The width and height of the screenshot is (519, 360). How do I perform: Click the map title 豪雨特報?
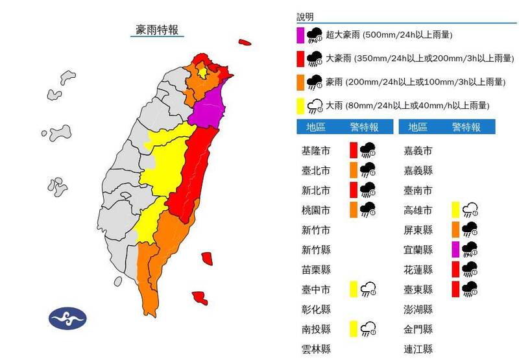[x=156, y=30]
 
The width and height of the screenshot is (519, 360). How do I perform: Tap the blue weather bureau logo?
[x=67, y=318]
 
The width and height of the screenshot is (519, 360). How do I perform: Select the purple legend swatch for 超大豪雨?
[x=300, y=36]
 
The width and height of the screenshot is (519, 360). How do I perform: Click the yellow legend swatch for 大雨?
[x=300, y=105]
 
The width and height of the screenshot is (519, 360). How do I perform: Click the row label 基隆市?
[x=316, y=151]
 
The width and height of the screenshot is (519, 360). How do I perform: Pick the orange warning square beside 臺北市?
[x=354, y=170]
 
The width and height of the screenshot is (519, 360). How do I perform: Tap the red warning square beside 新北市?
[x=354, y=190]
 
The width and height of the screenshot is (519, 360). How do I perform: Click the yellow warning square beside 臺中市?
[x=354, y=289]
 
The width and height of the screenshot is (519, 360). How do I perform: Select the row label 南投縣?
[x=316, y=329]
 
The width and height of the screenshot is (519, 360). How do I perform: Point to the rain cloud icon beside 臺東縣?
[x=472, y=289]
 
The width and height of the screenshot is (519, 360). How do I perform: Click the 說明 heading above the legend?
[x=305, y=16]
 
